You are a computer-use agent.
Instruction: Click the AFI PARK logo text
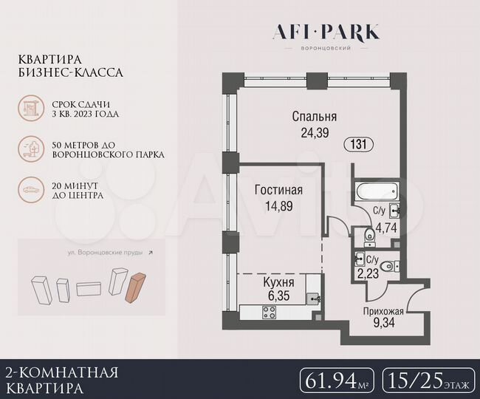tap(326, 32)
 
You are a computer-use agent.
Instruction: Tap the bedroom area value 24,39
tap(315, 133)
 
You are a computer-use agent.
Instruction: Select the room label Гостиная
tap(279, 191)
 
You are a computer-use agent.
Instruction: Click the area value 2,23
tap(370, 272)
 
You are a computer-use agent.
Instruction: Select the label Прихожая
tap(382, 312)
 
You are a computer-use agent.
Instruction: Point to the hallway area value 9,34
tap(382, 324)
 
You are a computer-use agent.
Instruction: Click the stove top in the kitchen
tap(269, 313)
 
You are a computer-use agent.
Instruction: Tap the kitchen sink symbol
tap(315, 299)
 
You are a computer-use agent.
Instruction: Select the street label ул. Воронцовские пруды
tap(110, 252)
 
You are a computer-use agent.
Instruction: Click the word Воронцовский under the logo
tap(326, 48)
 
